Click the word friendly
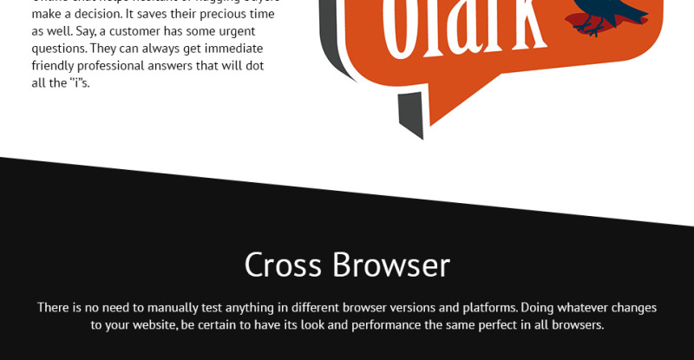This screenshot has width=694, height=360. (55, 66)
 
